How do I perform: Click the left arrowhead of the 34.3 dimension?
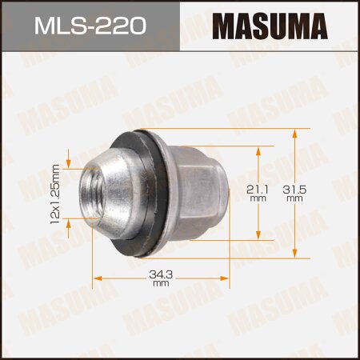click(97, 278)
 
